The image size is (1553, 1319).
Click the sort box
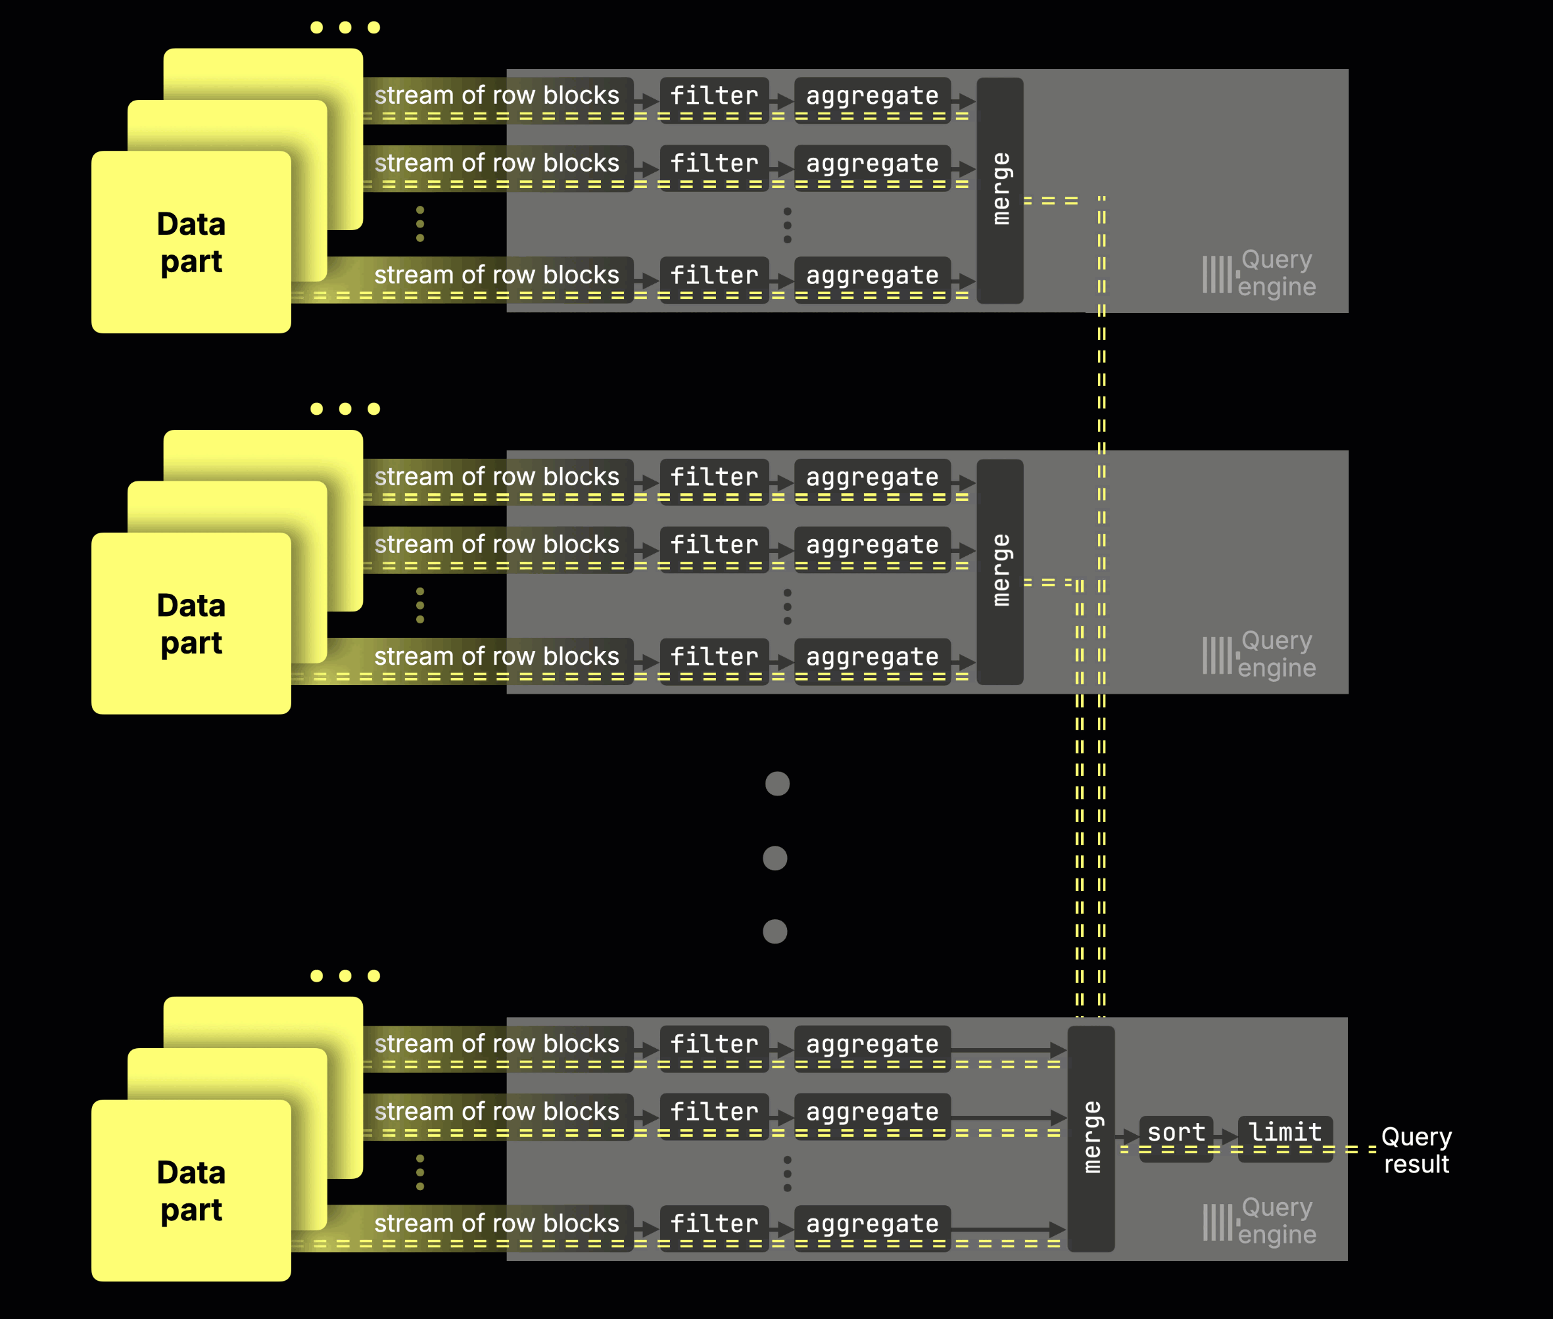(1176, 1138)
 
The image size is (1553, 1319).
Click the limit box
(1285, 1138)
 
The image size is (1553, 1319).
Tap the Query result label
(1416, 1150)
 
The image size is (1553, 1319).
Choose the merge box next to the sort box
(1091, 1138)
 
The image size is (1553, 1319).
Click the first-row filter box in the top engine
(714, 97)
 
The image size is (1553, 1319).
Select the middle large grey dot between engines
(775, 857)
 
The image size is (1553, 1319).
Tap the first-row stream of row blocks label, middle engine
(496, 478)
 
